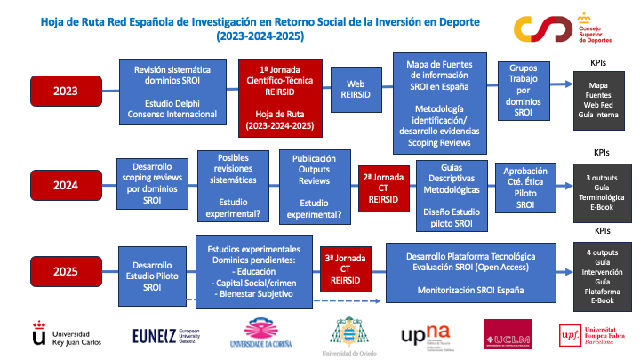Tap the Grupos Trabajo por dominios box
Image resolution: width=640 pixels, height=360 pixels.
coord(523,90)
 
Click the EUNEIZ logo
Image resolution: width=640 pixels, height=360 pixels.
coord(171,334)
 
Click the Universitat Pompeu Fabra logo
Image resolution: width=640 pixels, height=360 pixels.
coord(588,335)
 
